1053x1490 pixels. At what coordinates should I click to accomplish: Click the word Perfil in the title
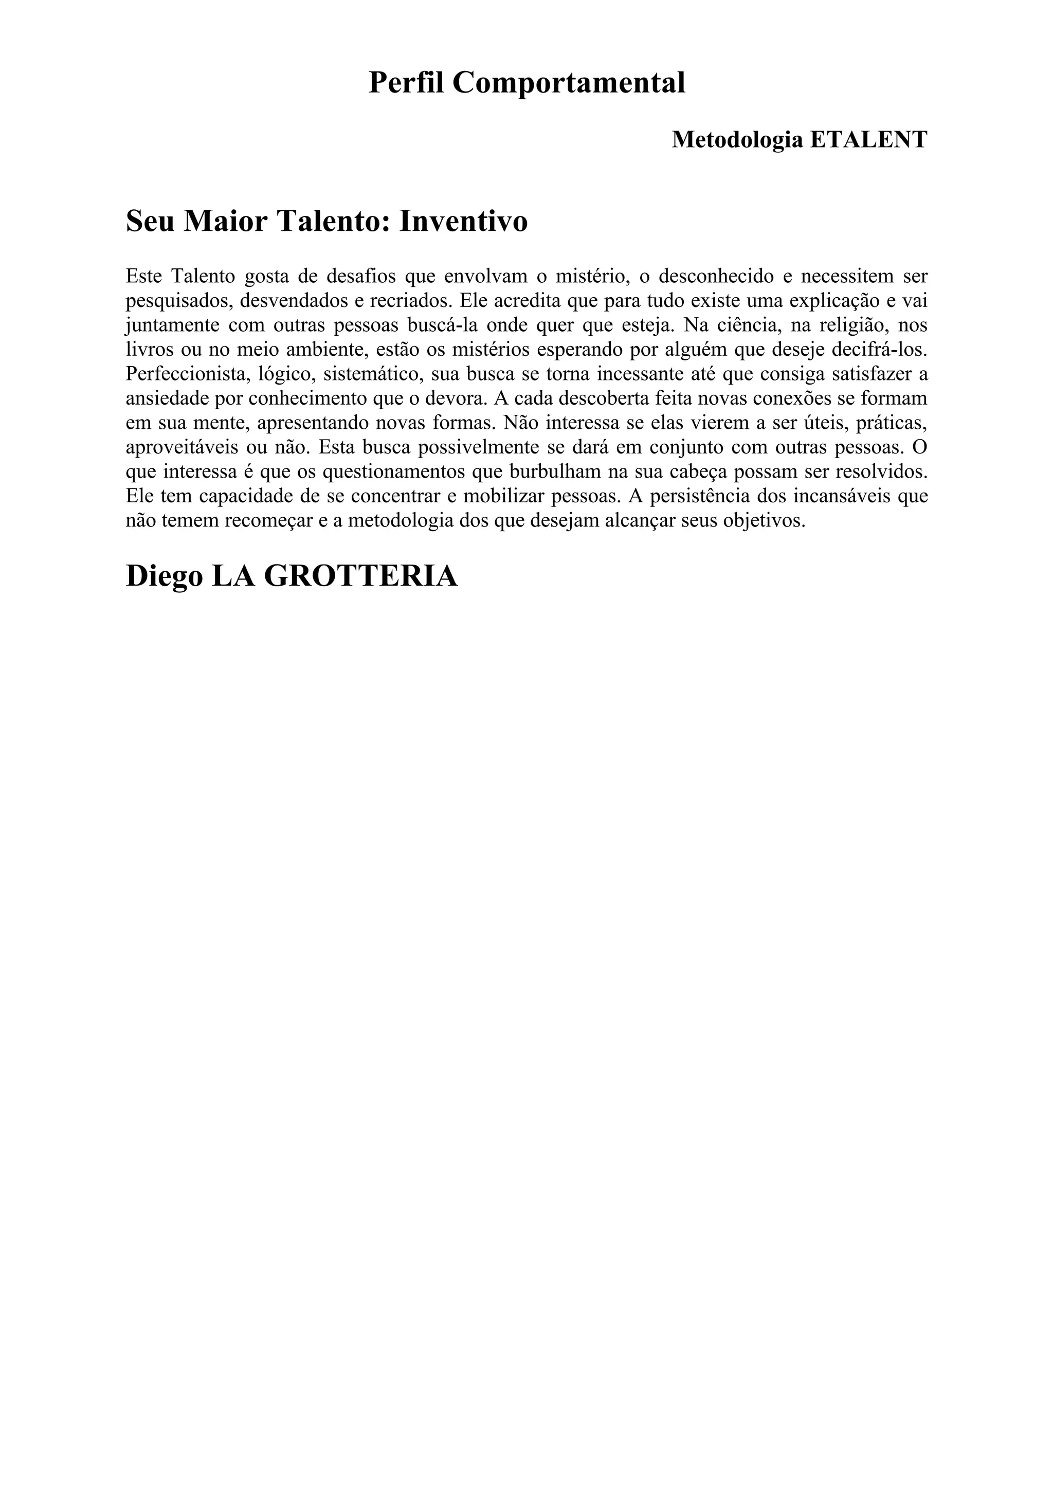click(x=406, y=83)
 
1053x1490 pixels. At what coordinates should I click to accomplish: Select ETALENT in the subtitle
click(x=869, y=139)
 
